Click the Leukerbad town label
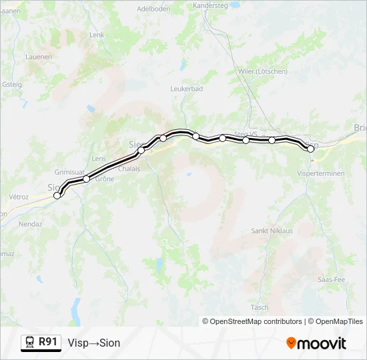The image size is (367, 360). (x=186, y=88)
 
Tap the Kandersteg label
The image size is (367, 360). (x=210, y=5)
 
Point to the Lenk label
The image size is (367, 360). (x=97, y=35)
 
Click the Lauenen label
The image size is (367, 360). (x=39, y=57)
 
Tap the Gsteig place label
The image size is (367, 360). (x=12, y=84)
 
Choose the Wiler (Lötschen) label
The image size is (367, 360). (x=262, y=71)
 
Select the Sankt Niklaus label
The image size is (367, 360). (x=272, y=231)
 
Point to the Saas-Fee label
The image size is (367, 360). (x=332, y=279)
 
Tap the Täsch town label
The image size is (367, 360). (x=260, y=307)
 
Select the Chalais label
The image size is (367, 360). (x=128, y=169)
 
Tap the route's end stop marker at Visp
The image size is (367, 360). (x=310, y=149)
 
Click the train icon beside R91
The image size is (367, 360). (x=30, y=343)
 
